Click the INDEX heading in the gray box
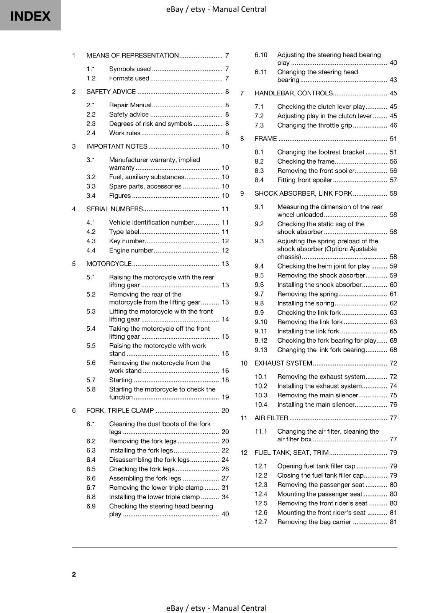coord(30,16)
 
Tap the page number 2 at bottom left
coord(74,574)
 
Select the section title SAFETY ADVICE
coord(111,92)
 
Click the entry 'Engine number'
coord(131,250)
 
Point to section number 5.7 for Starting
coord(91,380)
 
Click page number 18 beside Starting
coord(225,380)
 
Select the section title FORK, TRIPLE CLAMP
coord(120,410)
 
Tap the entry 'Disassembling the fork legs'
coord(149,460)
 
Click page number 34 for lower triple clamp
coord(225,497)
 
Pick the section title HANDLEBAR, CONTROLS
coord(294,93)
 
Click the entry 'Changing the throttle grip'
coord(314,125)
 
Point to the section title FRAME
coord(266,139)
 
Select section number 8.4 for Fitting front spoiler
coord(259,180)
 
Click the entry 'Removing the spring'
coord(307,294)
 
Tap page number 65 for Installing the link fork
coord(393,331)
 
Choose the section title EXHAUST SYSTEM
coord(284,363)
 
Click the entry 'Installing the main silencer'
coord(316,405)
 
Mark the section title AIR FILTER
coord(271,418)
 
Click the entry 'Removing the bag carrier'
coord(314,522)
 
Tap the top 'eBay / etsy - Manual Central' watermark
coord(216,9)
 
